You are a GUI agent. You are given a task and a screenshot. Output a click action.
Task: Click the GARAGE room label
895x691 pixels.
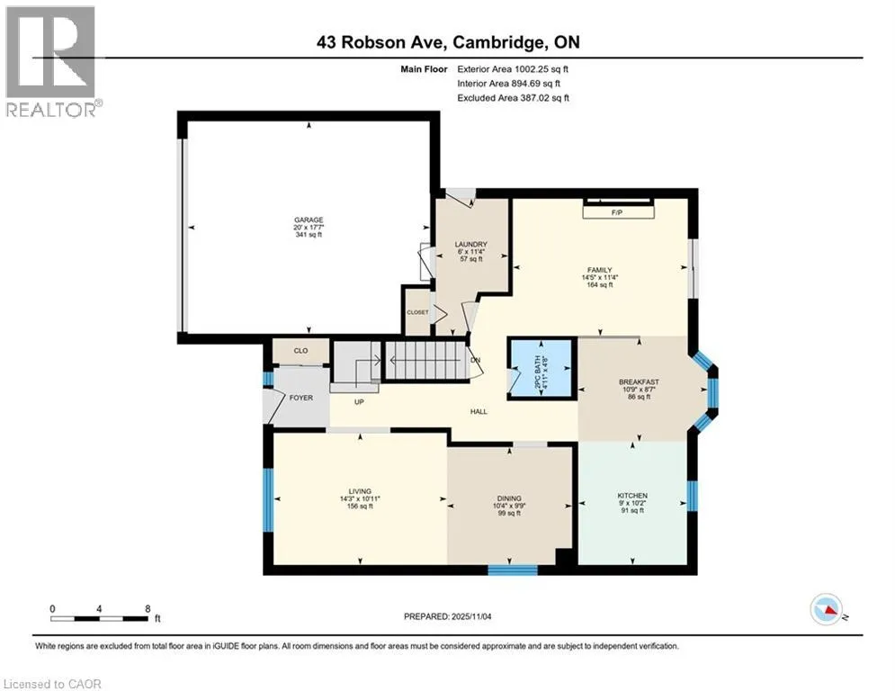(x=309, y=220)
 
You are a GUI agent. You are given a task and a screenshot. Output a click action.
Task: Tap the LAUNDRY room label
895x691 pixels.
(x=471, y=245)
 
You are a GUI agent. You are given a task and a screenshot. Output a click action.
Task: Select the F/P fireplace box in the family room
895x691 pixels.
(x=618, y=211)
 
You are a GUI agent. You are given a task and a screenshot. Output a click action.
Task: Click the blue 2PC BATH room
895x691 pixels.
(x=541, y=368)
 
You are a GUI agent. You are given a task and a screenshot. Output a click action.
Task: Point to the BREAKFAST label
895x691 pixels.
(x=639, y=382)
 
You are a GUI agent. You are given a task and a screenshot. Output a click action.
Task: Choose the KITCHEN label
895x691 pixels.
(x=632, y=496)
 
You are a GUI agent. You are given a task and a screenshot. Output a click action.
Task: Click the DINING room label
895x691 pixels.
(x=509, y=498)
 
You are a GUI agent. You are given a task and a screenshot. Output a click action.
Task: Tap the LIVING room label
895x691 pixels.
(x=360, y=491)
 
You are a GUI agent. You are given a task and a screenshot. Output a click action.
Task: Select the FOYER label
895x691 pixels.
(x=300, y=398)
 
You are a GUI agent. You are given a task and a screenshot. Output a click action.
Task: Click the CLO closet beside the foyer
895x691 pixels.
(x=300, y=351)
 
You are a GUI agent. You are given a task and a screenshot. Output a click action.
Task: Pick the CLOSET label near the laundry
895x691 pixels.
(x=417, y=312)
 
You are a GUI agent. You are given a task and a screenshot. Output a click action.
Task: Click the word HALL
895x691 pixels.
(x=479, y=411)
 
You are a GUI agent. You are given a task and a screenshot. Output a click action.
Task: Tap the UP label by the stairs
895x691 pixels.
(x=359, y=402)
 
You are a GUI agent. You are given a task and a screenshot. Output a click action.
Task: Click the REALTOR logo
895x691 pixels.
(x=51, y=62)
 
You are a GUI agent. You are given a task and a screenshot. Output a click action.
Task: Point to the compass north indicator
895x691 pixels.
(x=827, y=609)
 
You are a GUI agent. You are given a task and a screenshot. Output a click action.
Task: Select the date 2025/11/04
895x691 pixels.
(x=471, y=616)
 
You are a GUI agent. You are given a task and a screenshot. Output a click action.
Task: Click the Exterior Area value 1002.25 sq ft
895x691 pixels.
(x=541, y=69)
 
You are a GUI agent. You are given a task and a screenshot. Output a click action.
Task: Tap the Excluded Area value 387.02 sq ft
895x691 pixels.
(x=544, y=98)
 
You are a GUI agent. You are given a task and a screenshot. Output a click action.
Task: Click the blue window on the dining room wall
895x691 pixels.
(x=512, y=570)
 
